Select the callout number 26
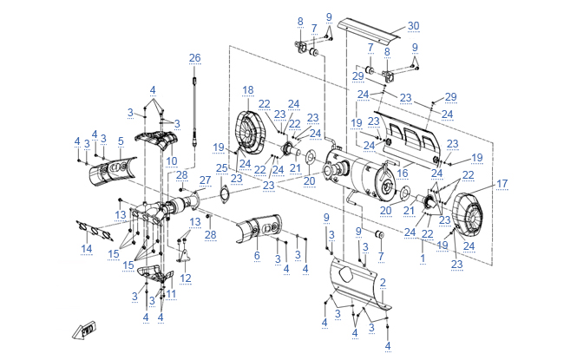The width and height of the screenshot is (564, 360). point(195,57)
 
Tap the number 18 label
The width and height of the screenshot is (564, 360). point(248,90)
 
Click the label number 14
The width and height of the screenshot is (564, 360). point(87,249)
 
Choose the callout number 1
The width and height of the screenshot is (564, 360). point(423,258)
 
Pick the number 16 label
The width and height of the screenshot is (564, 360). point(402,173)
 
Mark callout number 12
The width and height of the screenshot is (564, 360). point(185,278)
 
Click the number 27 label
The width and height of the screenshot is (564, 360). point(205,180)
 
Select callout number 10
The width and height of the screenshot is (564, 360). point(171,161)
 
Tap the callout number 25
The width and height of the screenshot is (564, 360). point(221,167)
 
